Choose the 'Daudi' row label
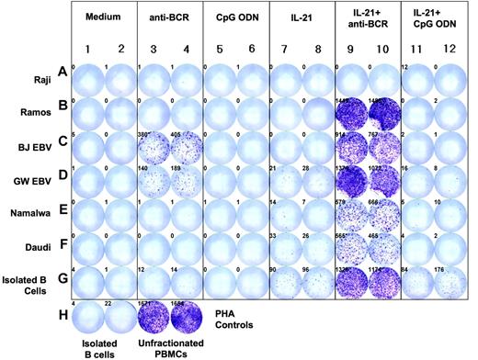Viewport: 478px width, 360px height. [31, 248]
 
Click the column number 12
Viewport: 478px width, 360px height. [449, 47]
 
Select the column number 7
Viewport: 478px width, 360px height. [285, 47]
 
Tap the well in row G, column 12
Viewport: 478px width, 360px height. [449, 280]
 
